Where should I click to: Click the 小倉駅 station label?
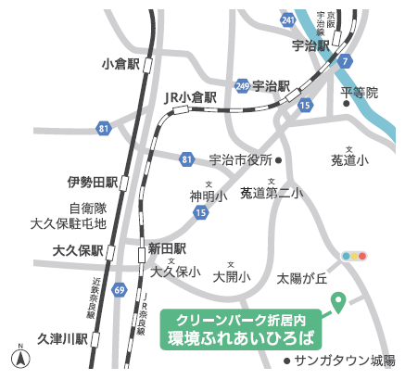point(121,64)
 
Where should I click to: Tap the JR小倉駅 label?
point(190,95)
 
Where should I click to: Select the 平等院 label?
point(360,92)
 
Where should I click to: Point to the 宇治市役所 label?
point(240,159)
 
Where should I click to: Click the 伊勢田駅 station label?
point(92,182)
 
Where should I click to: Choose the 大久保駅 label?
point(77,250)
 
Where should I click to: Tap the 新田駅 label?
point(168,248)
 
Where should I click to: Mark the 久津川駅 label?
point(62,339)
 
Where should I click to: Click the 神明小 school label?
point(209,196)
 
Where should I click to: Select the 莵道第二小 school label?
point(271,193)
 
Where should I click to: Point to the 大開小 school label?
point(232,276)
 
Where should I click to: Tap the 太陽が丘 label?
point(303,277)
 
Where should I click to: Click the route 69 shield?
point(120,290)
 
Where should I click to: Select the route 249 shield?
point(242,85)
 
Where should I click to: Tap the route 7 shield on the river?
point(346,61)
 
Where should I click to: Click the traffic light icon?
point(355,255)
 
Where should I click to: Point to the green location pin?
point(338,302)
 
